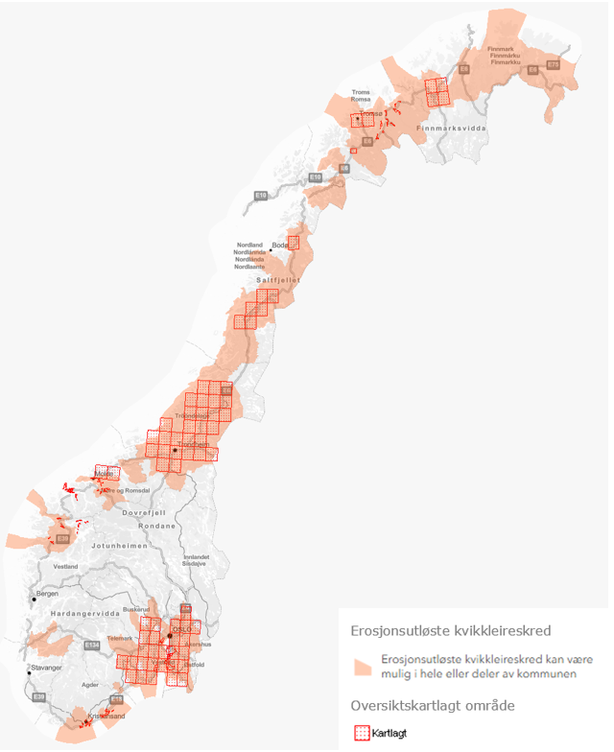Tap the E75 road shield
553,65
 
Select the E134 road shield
92,646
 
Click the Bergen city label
48,594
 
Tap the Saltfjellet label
279,280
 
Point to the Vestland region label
65,567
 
